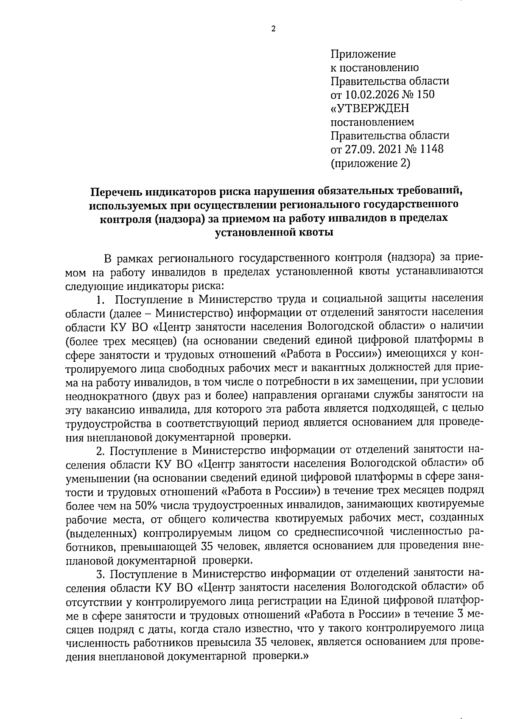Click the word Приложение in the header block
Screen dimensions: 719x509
tap(363, 54)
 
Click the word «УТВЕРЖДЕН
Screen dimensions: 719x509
tap(370, 108)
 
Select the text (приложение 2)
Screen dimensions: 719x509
tap(370, 163)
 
